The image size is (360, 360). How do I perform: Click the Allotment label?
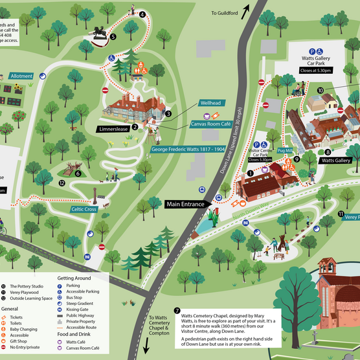point(21,76)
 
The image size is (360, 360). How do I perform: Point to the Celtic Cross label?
point(85,208)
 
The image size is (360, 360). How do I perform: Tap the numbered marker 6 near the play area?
point(78,173)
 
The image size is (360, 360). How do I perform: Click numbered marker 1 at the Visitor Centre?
point(251,173)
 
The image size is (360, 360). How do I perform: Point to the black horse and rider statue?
point(100,34)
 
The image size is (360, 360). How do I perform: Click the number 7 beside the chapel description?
point(177,310)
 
